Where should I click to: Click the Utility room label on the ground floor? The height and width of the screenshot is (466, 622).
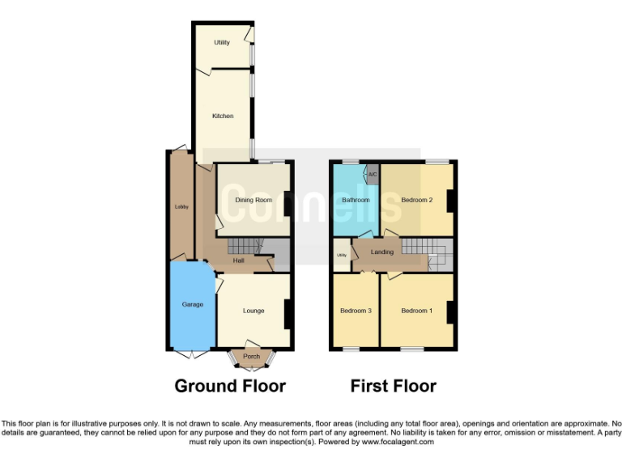(222, 42)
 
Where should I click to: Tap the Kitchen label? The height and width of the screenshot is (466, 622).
(223, 116)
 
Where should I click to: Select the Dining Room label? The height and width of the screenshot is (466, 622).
(253, 200)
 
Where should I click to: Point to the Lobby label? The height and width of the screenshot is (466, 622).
(181, 207)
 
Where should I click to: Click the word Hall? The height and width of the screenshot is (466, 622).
(239, 261)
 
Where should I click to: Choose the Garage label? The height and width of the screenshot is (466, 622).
(192, 305)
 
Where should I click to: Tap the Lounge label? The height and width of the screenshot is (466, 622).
(253, 311)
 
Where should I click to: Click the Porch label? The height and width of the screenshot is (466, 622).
(251, 357)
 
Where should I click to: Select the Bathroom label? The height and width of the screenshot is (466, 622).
(356, 200)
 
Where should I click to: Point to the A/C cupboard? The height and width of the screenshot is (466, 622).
(373, 174)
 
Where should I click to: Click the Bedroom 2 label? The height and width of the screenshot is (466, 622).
(417, 200)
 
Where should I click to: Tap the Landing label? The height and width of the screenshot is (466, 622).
(381, 252)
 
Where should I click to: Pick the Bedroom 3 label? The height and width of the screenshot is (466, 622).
(356, 311)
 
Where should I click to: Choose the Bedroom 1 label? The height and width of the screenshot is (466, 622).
(416, 311)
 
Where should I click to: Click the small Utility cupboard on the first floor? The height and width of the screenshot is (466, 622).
(342, 256)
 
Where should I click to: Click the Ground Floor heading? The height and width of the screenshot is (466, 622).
(230, 386)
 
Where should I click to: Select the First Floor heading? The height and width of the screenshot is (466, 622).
(393, 386)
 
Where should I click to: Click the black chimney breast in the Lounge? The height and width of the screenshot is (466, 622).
(288, 313)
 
